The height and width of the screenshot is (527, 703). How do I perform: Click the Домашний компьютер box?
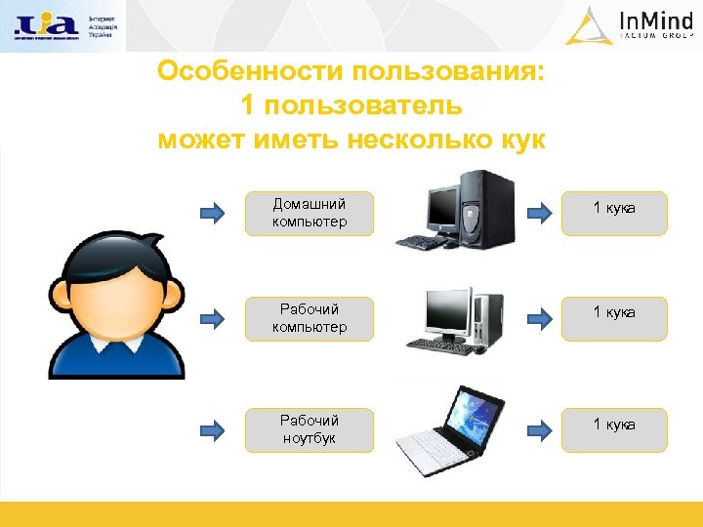tap(309, 214)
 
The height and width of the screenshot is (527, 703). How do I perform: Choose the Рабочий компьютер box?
tap(309, 319)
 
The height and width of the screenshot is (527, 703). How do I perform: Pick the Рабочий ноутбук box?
tap(309, 429)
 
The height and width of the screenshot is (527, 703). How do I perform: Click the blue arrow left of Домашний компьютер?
tap(212, 213)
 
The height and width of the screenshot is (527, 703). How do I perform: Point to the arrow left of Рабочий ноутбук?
tap(212, 428)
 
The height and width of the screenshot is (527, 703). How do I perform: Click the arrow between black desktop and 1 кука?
tap(538, 213)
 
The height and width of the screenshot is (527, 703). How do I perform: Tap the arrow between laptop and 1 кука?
tap(538, 428)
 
